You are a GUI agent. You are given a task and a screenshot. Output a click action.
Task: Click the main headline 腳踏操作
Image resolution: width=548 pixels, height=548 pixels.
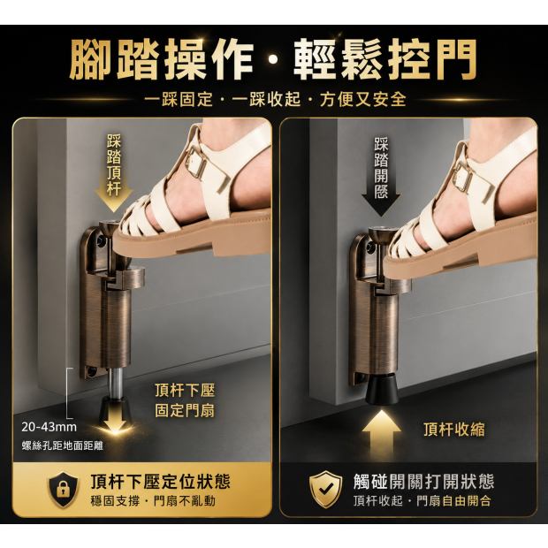coord(162,59)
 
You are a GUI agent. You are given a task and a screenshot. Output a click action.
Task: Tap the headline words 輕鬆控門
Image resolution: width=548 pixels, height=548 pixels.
coord(385,59)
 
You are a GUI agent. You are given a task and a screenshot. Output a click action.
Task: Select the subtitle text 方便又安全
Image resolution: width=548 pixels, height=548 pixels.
coord(363,100)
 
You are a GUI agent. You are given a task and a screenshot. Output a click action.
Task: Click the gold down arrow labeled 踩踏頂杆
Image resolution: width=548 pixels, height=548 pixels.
coord(114,172)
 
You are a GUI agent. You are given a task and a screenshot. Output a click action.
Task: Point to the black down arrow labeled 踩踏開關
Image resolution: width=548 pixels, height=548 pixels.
coord(381,176)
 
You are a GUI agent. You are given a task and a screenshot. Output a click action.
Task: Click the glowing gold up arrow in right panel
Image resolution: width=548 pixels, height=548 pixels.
coord(381,433)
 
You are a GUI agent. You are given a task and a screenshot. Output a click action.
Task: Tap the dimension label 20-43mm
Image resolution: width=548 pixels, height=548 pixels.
coord(49,427)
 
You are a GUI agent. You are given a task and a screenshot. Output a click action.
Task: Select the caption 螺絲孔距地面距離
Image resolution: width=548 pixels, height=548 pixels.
coord(63,445)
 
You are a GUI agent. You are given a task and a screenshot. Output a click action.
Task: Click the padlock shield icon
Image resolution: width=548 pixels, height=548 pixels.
coord(64,490)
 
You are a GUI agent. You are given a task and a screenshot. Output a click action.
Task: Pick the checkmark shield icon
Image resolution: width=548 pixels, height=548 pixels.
coord(326,490)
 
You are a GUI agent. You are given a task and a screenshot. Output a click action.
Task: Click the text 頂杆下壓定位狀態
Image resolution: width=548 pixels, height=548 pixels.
coord(160,481)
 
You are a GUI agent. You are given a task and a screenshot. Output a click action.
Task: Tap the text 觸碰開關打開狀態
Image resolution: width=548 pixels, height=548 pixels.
coord(423,481)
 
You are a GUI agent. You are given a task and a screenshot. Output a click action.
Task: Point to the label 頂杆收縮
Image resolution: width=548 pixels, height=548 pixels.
coord(454,430)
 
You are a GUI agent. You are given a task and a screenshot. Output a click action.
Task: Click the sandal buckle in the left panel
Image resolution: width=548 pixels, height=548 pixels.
coord(196,163)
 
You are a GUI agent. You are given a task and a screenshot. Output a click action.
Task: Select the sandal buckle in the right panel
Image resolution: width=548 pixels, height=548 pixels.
coord(463,177)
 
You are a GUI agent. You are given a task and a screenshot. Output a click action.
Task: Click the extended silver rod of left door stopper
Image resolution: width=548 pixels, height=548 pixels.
coord(115,383)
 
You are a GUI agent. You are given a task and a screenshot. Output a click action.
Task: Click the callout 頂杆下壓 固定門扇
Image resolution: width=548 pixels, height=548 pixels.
coord(185,400)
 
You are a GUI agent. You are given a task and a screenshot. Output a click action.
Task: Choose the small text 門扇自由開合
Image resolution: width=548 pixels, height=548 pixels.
coord(453,501)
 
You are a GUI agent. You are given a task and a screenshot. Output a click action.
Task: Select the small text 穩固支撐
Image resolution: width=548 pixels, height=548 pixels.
coord(115,501)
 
